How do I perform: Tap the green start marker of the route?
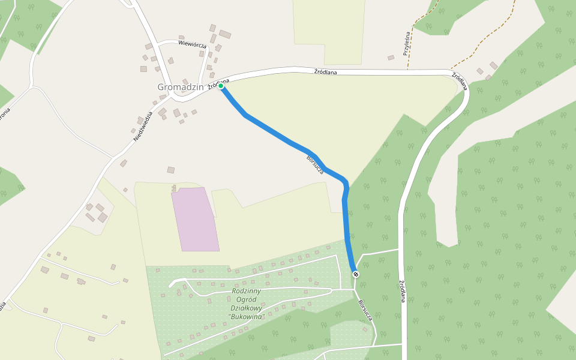(221, 86)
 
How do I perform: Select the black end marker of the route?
(356, 274)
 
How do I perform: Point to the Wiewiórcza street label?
(192, 45)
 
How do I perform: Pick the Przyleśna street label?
(406, 44)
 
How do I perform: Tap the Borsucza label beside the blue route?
(315, 165)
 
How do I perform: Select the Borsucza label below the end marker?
(364, 310)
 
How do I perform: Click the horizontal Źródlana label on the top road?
(325, 73)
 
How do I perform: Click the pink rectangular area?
(195, 219)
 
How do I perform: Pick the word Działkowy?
(247, 308)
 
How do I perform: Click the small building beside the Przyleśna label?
(391, 58)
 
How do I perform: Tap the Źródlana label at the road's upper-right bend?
(460, 79)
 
